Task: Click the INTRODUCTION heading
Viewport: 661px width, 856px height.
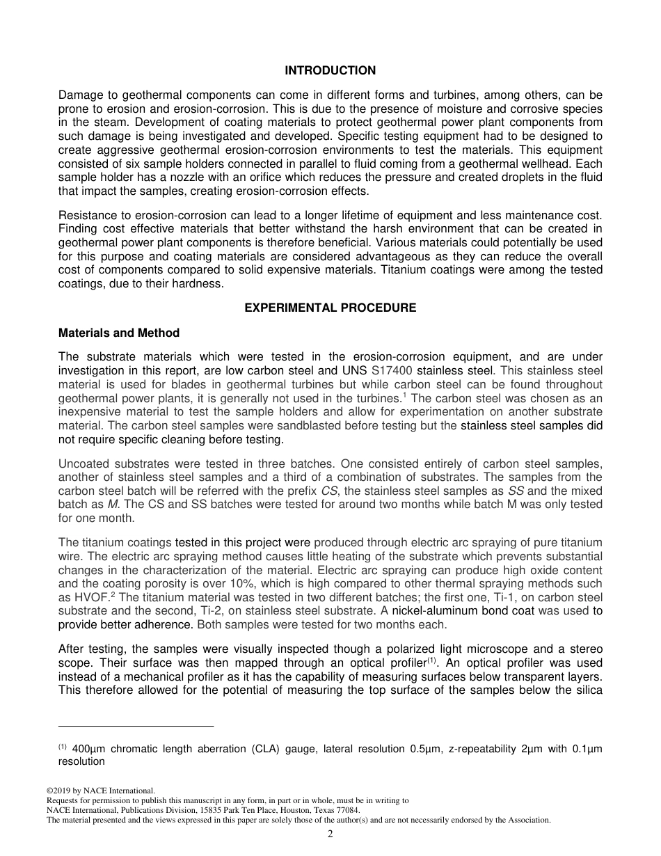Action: pos(330,70)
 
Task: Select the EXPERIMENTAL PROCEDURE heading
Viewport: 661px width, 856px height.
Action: pos(330,308)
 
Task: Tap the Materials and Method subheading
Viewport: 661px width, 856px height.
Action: pos(119,333)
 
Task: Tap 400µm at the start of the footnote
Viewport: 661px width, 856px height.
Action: pos(88,750)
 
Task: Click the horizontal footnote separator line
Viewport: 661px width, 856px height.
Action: pos(136,727)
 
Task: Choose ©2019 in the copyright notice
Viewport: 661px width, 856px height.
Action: pos(59,791)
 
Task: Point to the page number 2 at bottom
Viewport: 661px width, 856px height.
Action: pos(330,834)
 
